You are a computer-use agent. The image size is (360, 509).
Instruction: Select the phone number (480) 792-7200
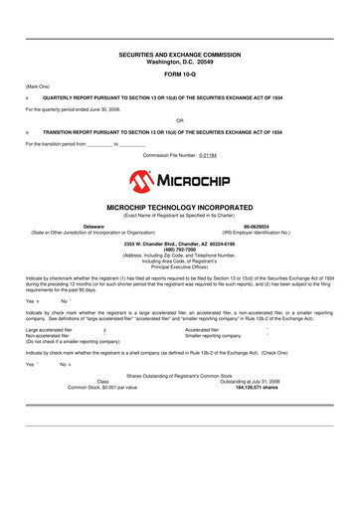pos(179,249)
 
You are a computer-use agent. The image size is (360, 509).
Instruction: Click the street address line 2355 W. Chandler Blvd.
pos(179,243)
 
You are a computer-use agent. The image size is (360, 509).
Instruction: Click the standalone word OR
pos(179,119)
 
